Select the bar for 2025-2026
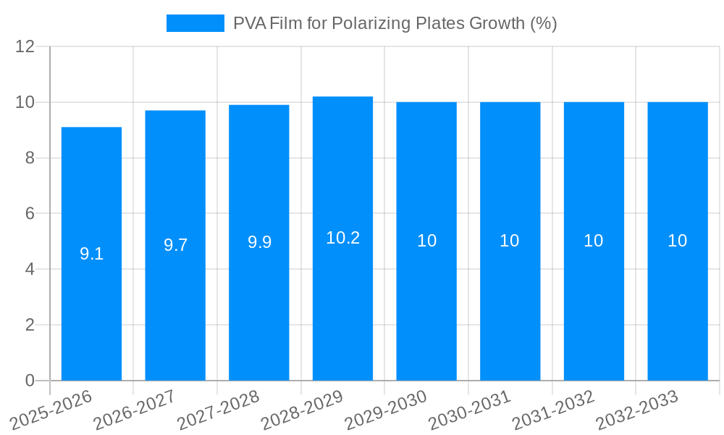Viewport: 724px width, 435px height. pyautogui.click(x=91, y=254)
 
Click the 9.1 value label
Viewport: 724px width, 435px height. pyautogui.click(x=91, y=254)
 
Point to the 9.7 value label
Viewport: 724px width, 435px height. pyautogui.click(x=175, y=245)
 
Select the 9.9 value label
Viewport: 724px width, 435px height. pyautogui.click(x=259, y=242)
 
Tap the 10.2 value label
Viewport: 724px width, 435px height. pyautogui.click(x=342, y=238)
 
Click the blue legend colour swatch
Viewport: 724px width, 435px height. pyautogui.click(x=195, y=23)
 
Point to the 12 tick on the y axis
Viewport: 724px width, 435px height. pyautogui.click(x=25, y=47)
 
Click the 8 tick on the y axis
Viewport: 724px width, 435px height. pyautogui.click(x=30, y=158)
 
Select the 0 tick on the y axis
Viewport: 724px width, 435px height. pyautogui.click(x=30, y=381)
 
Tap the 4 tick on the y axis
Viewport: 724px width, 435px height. pyautogui.click(x=30, y=270)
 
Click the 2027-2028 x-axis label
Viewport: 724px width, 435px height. pyautogui.click(x=219, y=410)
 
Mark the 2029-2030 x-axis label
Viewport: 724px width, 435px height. pyautogui.click(x=386, y=410)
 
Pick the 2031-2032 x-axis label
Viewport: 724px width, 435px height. pyautogui.click(x=554, y=410)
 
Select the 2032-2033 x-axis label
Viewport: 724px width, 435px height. pyautogui.click(x=637, y=410)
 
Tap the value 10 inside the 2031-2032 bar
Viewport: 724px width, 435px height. pyautogui.click(x=594, y=241)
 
